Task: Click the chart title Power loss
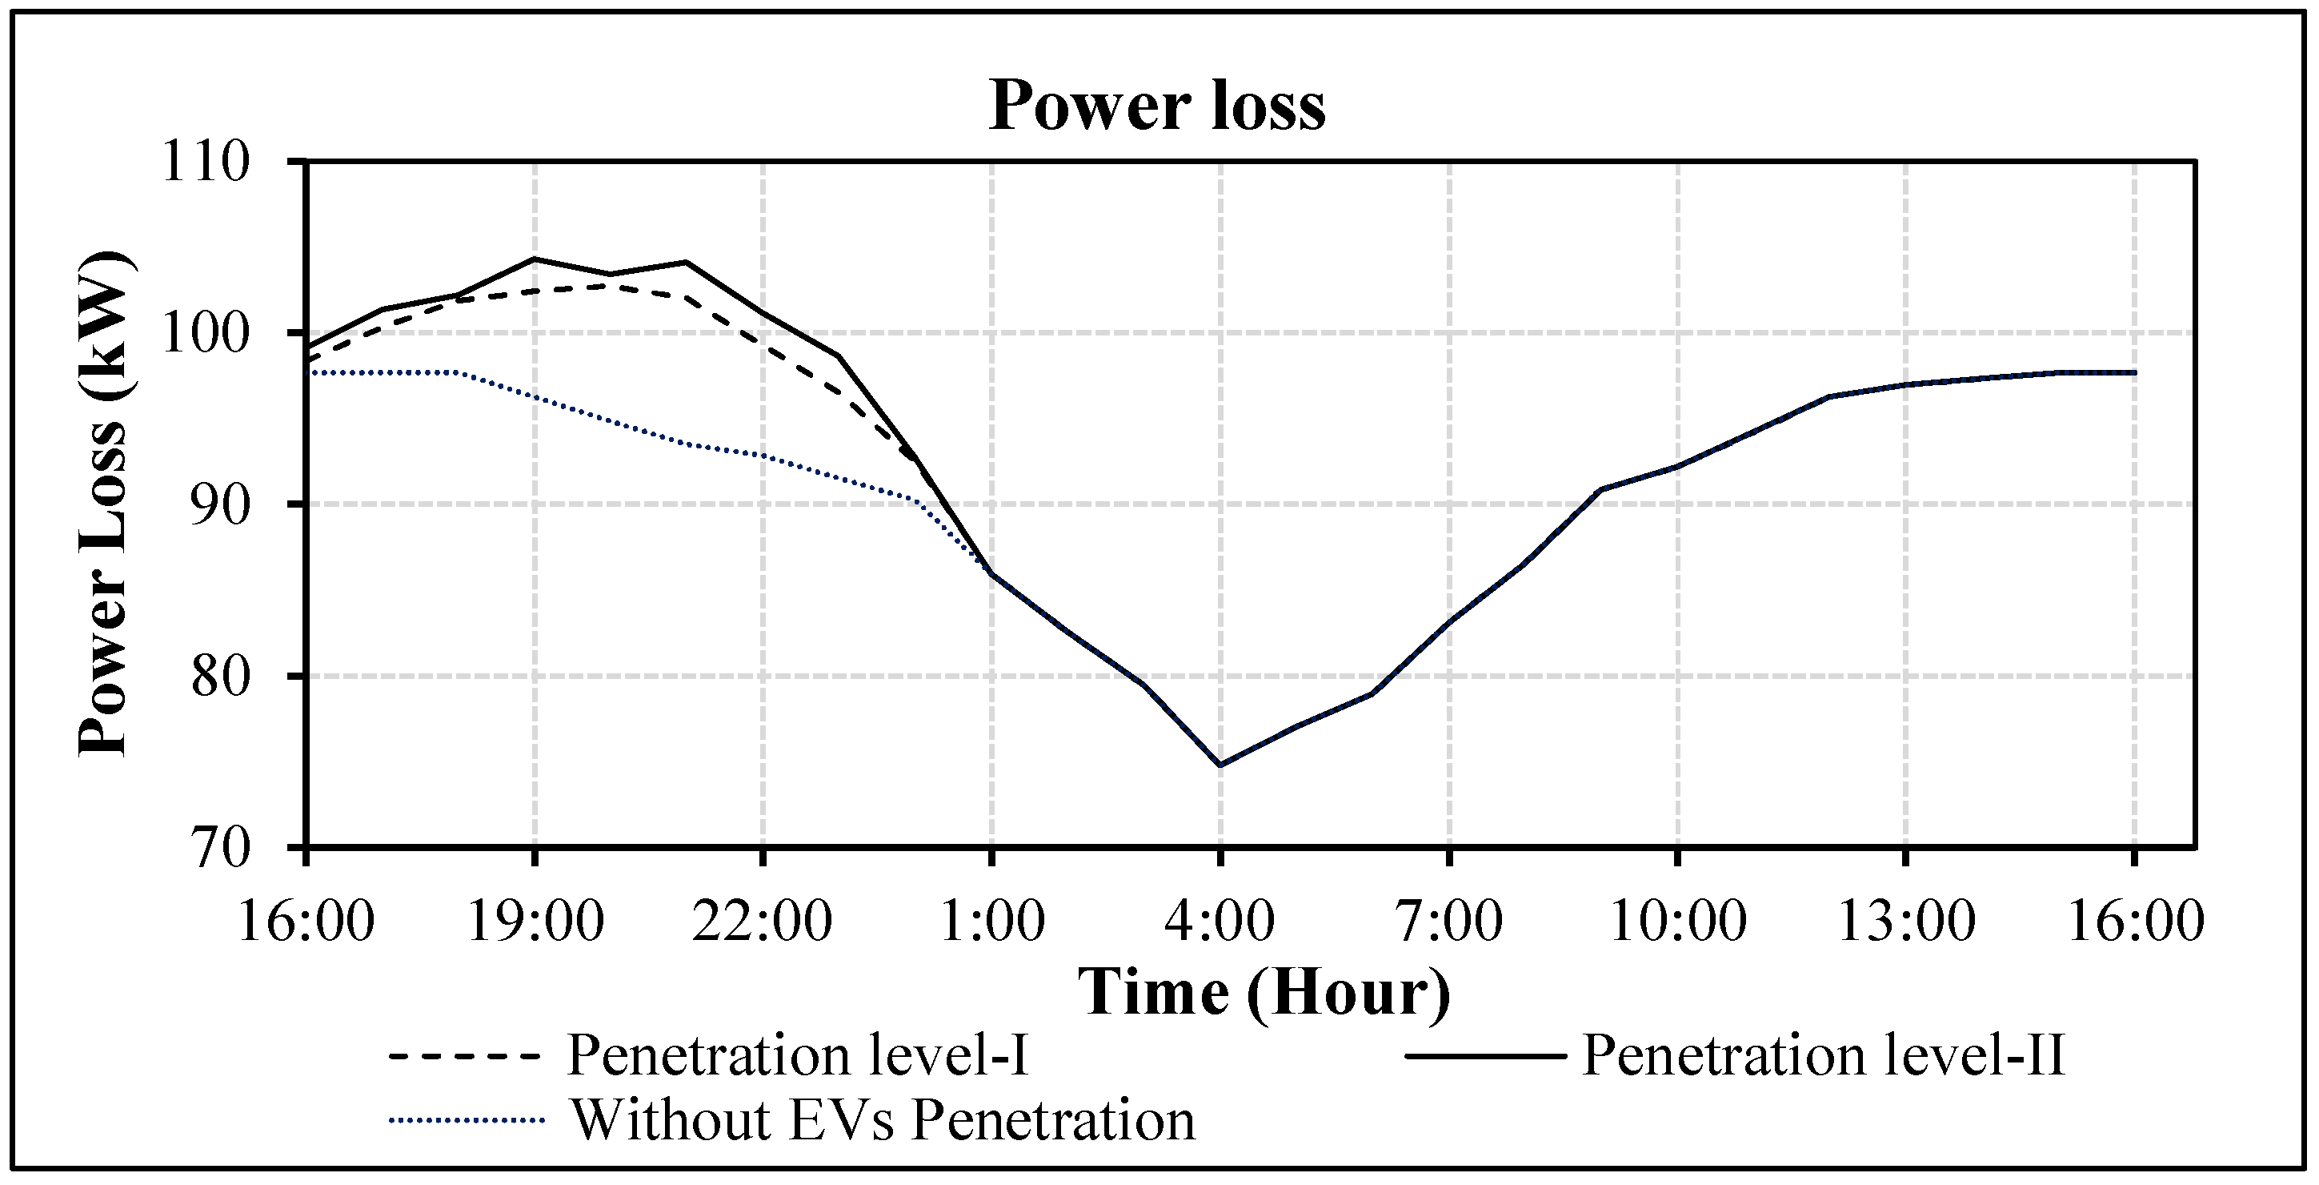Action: (x=1157, y=106)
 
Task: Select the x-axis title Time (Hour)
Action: (x=1264, y=993)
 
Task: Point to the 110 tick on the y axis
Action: (x=204, y=163)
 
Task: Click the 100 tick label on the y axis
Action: (x=204, y=334)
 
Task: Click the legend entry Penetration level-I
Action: (x=797, y=1054)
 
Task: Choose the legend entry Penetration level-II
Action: (x=1822, y=1054)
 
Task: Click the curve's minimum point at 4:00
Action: (x=1220, y=765)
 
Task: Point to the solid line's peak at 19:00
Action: (x=535, y=259)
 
